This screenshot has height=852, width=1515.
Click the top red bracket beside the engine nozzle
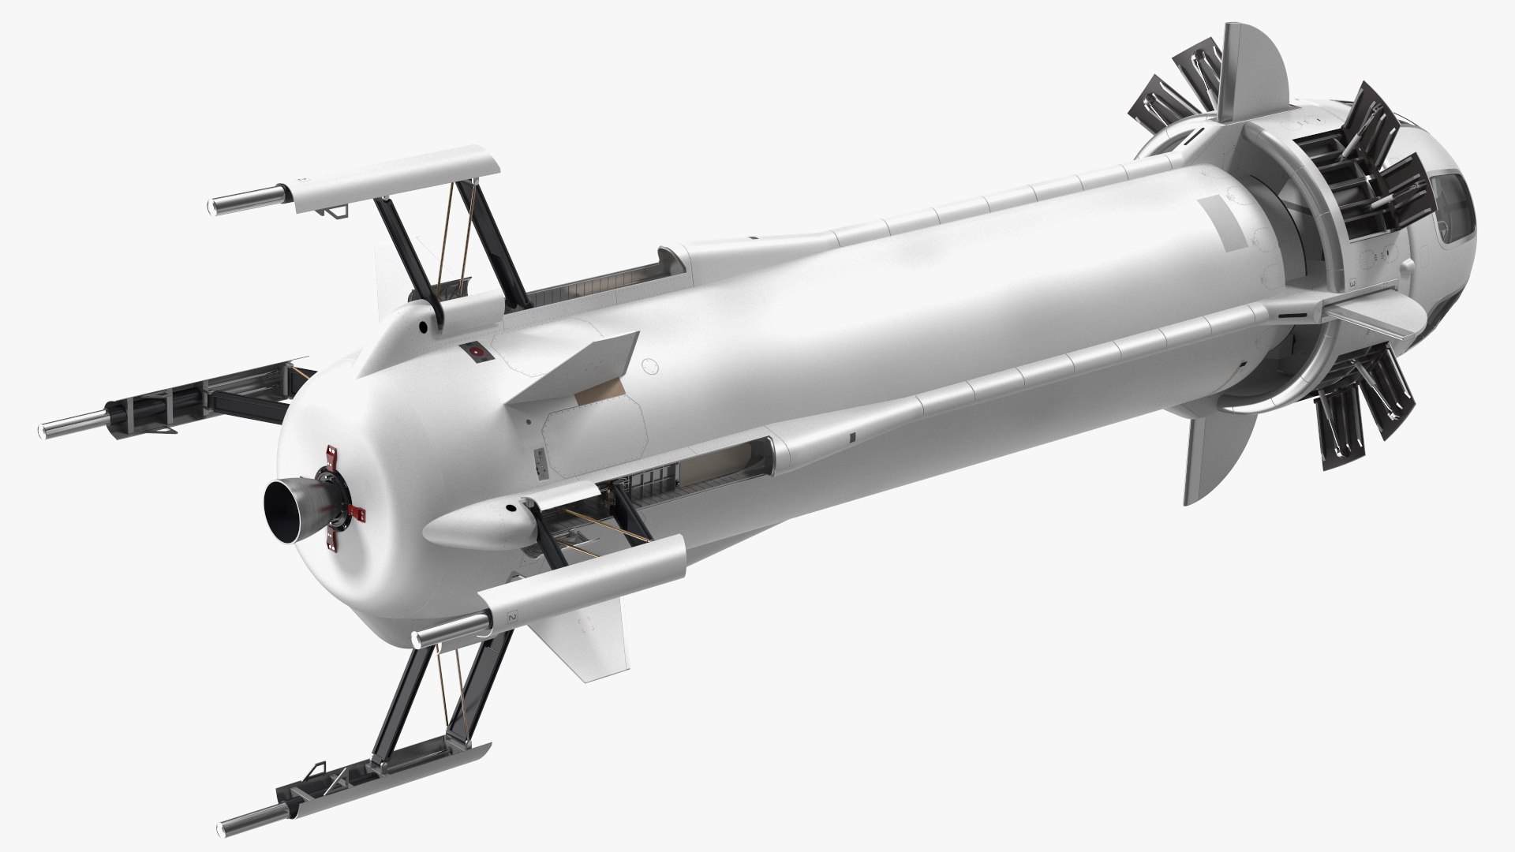330,455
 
